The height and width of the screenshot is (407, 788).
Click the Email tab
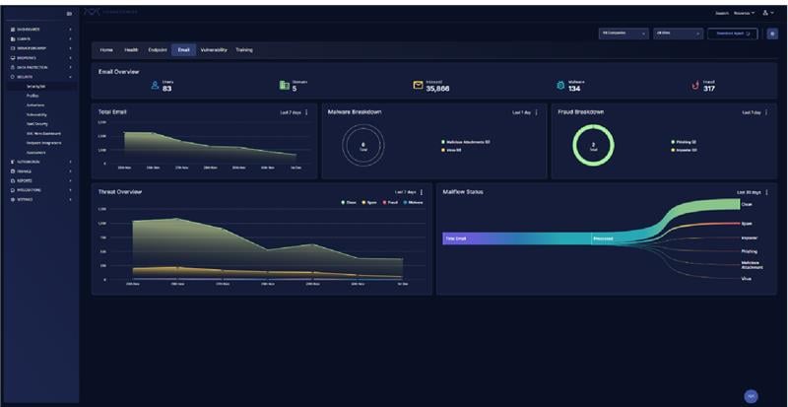coord(183,49)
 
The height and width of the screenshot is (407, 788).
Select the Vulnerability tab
coord(214,49)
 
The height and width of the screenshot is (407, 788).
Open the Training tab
coord(244,49)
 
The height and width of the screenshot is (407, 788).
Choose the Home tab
coord(106,49)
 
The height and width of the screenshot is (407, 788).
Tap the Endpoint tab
coord(157,49)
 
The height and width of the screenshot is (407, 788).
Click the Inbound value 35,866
coord(437,89)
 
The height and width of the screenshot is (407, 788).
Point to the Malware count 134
coord(574,89)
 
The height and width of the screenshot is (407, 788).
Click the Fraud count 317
coord(709,89)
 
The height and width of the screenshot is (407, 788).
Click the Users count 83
coord(166,89)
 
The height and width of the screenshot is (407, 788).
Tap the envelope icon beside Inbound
coord(418,86)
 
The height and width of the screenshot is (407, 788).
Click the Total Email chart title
coord(112,112)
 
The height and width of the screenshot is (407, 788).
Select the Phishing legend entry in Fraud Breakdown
coord(685,142)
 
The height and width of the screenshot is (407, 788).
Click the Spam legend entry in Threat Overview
coord(370,202)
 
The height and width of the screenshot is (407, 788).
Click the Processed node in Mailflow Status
coord(603,238)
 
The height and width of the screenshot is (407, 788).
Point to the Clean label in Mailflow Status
coord(747,205)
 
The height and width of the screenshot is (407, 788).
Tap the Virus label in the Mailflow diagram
coord(746,279)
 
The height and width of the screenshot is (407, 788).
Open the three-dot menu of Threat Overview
coord(422,192)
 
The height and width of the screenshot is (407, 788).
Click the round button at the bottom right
coord(751,395)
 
